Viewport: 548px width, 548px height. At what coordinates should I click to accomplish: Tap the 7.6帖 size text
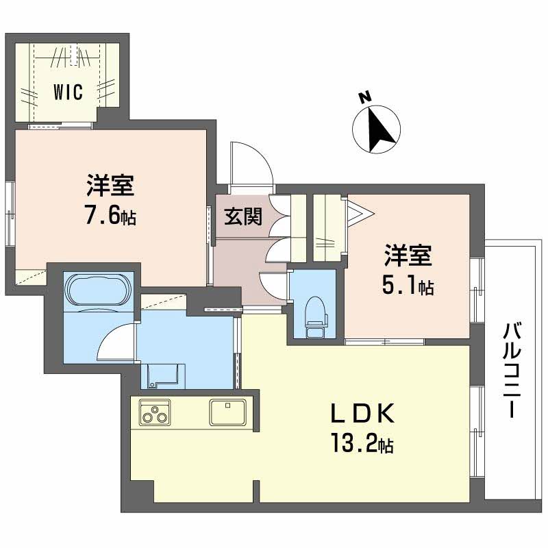(x=110, y=217)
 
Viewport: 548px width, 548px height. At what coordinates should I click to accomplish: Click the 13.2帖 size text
(x=363, y=446)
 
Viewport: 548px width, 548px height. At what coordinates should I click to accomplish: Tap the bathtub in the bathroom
(x=96, y=290)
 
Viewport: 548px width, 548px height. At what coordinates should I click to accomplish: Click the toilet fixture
(x=315, y=314)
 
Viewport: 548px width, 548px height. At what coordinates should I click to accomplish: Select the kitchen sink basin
(x=229, y=413)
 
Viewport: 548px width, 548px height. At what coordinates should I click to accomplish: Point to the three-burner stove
(x=155, y=413)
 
